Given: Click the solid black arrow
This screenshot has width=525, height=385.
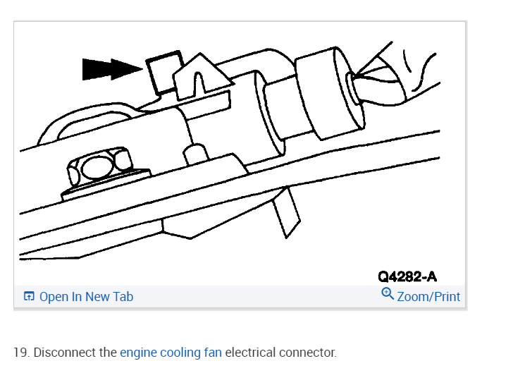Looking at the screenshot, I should click(109, 68).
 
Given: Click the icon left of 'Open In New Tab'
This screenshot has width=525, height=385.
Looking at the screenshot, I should click(29, 297).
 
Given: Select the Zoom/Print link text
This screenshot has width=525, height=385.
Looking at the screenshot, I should click(428, 297).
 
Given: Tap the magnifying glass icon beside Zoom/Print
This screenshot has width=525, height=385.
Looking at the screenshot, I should click(387, 294).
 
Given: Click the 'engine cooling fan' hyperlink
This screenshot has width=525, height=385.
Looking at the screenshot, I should click(171, 352).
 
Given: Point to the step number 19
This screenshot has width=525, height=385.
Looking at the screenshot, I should click(20, 352).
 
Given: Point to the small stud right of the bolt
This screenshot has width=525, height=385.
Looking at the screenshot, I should click(195, 153).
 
